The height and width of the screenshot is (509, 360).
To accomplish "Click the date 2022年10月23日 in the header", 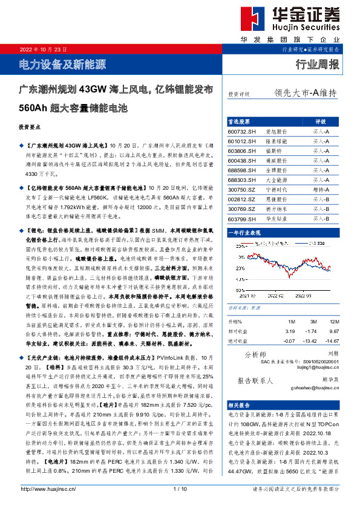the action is tap(43, 50).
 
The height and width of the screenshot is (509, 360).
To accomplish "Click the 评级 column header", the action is tap(321, 121).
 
